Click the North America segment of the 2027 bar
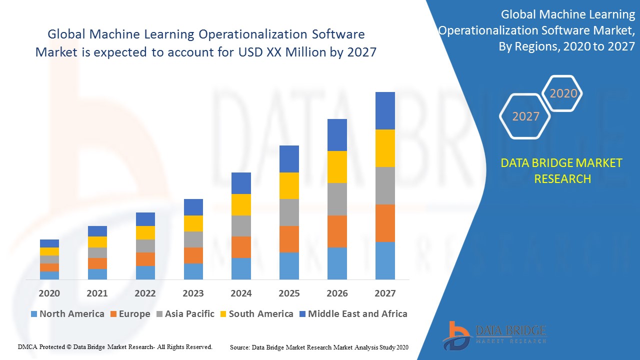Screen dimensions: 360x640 [385, 260]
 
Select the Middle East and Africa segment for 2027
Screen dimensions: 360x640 [385, 110]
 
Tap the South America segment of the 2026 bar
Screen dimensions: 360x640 [337, 167]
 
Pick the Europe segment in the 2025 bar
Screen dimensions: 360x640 [289, 239]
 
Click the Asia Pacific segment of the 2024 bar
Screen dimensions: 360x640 [241, 226]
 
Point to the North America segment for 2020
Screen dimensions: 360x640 [49, 275]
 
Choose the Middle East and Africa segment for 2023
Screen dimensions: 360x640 [193, 207]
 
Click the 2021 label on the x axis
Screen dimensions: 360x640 [97, 293]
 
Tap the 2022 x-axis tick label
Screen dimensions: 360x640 [145, 293]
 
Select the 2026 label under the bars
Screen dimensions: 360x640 [337, 293]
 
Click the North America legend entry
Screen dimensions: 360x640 [67, 314]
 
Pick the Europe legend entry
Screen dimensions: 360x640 [129, 314]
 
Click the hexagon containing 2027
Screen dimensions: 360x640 [525, 116]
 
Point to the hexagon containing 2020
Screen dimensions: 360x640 [563, 93]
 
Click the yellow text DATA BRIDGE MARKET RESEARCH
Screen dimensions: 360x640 [562, 171]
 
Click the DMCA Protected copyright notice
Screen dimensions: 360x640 [115, 347]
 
